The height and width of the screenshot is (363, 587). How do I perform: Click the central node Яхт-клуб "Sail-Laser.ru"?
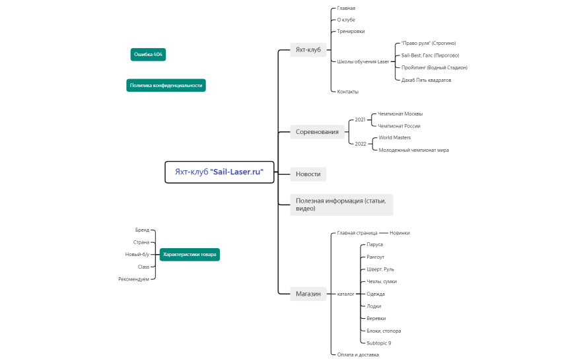[x=219, y=172]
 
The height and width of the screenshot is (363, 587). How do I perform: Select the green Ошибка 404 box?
[x=148, y=54]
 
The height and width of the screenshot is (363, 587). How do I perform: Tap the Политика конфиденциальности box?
[x=166, y=85]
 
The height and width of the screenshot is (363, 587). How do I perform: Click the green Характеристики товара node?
[x=190, y=254]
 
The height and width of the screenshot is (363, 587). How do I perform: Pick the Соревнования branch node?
[x=317, y=131]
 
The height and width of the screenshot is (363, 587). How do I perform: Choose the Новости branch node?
[x=308, y=174]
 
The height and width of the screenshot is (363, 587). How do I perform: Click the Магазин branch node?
[x=308, y=294]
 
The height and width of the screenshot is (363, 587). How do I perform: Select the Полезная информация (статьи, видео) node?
[x=341, y=204]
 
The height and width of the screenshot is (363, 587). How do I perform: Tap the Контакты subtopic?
[x=348, y=92]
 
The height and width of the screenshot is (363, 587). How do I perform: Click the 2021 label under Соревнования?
[x=360, y=119]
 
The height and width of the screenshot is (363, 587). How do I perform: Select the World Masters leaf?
[x=395, y=138]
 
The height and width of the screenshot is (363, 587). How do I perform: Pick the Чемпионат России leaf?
[x=399, y=125]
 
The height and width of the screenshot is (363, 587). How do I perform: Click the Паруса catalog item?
[x=375, y=245]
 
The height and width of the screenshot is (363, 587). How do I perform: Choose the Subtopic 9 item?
[x=379, y=343]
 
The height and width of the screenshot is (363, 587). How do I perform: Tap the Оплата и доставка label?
[x=358, y=354]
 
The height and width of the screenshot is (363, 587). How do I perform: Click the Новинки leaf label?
[x=399, y=233]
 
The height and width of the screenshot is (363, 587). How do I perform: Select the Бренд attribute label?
[x=142, y=230]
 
